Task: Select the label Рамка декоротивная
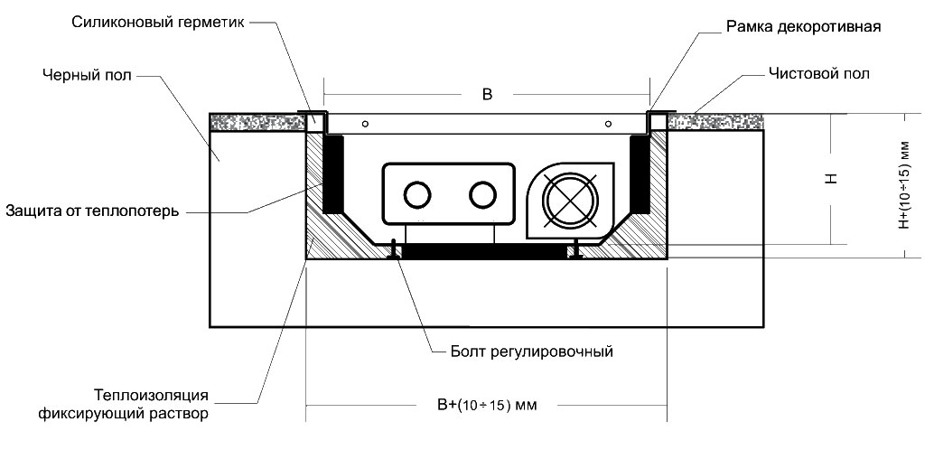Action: click(x=803, y=27)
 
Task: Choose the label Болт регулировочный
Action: click(x=531, y=350)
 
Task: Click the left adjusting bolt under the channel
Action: click(x=395, y=248)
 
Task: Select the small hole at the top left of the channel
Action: click(x=365, y=123)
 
